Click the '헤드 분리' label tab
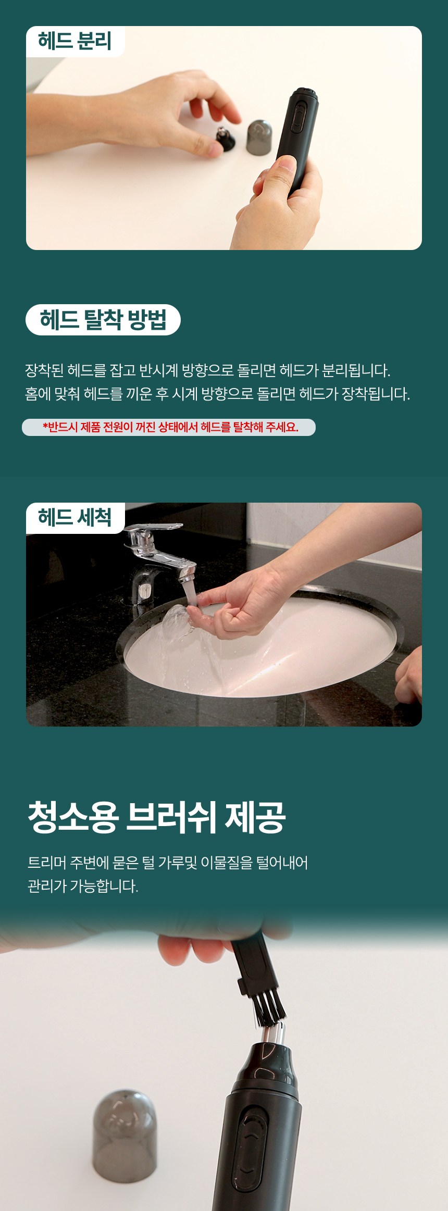click(x=75, y=41)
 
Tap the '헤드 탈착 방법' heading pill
click(x=103, y=319)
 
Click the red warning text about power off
click(x=170, y=427)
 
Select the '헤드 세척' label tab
click(x=75, y=518)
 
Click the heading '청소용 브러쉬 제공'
click(x=156, y=817)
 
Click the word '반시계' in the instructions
click(x=158, y=371)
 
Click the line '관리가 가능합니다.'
click(x=83, y=886)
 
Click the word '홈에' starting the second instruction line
click(x=38, y=394)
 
